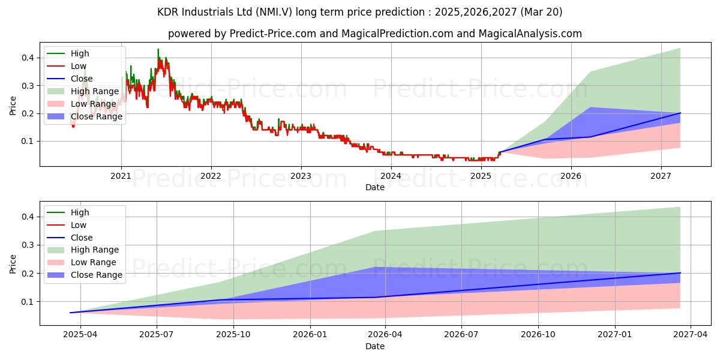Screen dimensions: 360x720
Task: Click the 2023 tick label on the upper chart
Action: (301, 176)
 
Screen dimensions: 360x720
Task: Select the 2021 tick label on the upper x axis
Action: (121, 176)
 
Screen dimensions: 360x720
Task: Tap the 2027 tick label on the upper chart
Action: (661, 176)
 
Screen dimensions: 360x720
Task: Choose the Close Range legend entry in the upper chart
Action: (96, 116)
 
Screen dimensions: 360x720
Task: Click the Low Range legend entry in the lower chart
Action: (93, 262)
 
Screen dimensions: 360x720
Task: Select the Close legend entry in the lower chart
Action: (82, 237)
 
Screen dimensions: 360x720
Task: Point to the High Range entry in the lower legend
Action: (94, 250)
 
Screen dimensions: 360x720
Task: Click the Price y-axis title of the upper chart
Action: (13, 106)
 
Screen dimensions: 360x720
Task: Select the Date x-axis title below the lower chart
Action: (375, 346)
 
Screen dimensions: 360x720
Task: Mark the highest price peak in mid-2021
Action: (158, 50)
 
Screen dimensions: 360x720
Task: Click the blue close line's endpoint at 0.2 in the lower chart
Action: (680, 273)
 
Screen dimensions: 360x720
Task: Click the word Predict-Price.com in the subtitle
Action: (273, 34)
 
